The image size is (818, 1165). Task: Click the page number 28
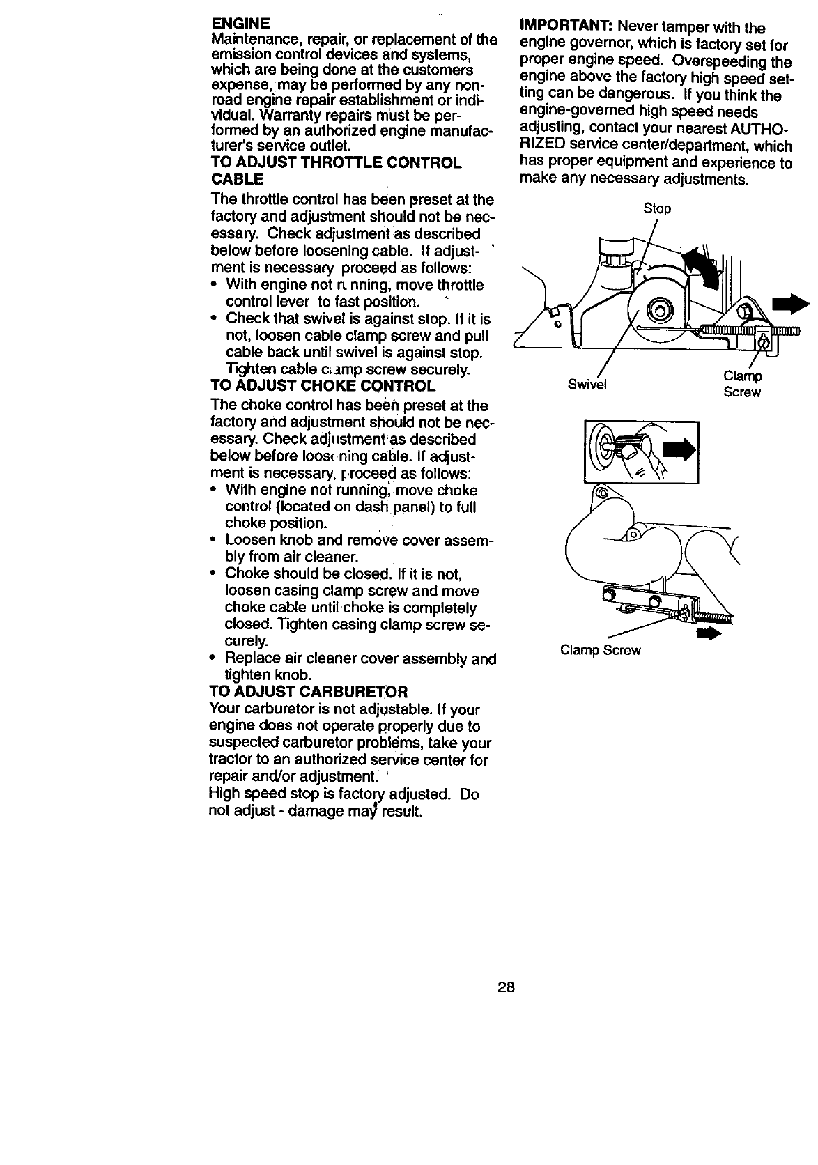point(506,987)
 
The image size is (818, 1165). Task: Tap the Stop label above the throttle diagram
point(656,209)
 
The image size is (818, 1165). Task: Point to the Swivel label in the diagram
point(587,385)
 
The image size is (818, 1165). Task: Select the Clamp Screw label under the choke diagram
point(600,651)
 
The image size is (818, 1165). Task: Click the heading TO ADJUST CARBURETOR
point(309,692)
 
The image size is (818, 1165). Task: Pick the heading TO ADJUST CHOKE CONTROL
point(323,386)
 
